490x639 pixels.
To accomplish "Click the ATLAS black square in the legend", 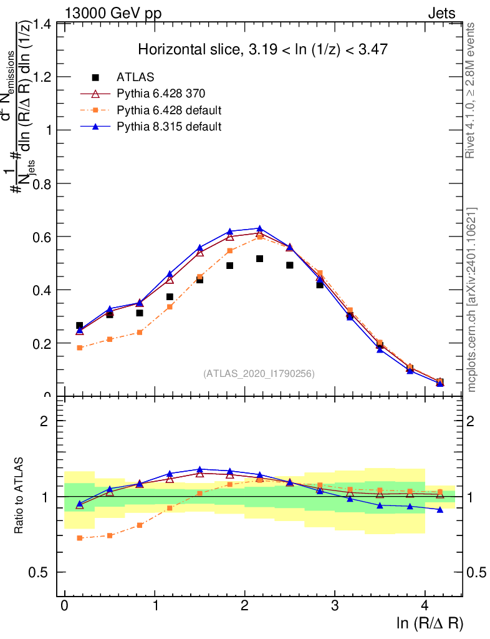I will [x=95, y=77].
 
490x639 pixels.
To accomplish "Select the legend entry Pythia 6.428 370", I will [x=161, y=94].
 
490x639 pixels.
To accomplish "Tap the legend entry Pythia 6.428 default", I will [x=169, y=110].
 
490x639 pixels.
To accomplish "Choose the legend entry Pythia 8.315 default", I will [x=169, y=127].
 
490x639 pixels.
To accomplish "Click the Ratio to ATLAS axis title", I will [x=20, y=496].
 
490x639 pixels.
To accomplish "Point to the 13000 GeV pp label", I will [x=112, y=12].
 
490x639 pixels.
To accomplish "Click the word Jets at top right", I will [x=441, y=12].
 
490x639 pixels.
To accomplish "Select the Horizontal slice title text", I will [x=264, y=50].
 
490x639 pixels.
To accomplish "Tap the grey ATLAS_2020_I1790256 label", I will [x=259, y=374].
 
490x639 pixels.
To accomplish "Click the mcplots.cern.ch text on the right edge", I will [x=472, y=300].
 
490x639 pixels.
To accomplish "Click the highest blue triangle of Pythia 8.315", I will [x=260, y=228].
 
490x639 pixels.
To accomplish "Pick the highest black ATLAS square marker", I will [x=260, y=258].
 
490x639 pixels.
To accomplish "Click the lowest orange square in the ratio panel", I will [x=80, y=538].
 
